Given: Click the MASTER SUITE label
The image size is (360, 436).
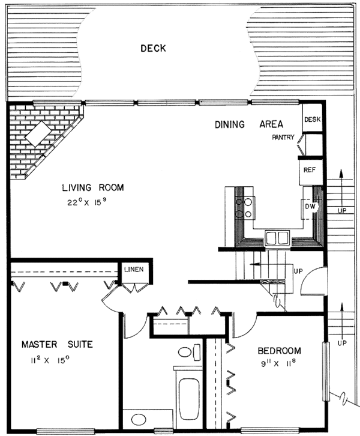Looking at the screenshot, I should click(x=57, y=345).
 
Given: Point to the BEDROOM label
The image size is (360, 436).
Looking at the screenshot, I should click(x=279, y=351).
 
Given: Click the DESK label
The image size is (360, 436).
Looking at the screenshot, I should click(x=313, y=120).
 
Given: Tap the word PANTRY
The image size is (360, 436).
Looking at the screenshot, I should click(x=283, y=138).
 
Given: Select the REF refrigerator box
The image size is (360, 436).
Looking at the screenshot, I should click(x=310, y=171).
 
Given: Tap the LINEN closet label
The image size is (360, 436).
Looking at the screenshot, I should click(x=134, y=269).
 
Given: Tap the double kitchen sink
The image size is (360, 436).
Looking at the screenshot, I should click(x=277, y=237).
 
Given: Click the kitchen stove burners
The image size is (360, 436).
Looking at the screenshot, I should click(x=244, y=208).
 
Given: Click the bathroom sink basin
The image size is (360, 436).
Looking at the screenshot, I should click(x=139, y=419).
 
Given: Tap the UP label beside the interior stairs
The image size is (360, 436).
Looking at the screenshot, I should click(x=298, y=271).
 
